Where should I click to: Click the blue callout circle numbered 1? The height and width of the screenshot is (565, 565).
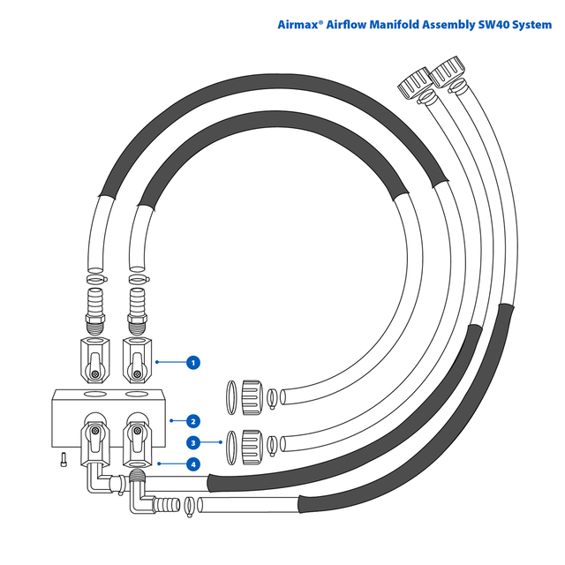click(x=192, y=361)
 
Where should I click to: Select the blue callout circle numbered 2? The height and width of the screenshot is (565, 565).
click(x=192, y=420)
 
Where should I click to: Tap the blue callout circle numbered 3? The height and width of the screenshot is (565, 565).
click(x=192, y=442)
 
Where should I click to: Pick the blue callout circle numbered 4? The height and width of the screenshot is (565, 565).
click(x=192, y=463)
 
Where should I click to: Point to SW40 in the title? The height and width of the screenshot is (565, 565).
click(x=495, y=25)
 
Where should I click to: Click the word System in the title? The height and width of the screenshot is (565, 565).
click(x=533, y=25)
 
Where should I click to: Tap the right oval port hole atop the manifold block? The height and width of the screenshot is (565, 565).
click(x=137, y=394)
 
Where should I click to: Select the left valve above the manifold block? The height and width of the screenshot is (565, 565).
click(x=95, y=357)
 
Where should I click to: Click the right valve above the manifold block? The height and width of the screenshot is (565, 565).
click(x=137, y=357)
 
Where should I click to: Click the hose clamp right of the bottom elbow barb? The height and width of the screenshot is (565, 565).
click(x=189, y=506)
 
